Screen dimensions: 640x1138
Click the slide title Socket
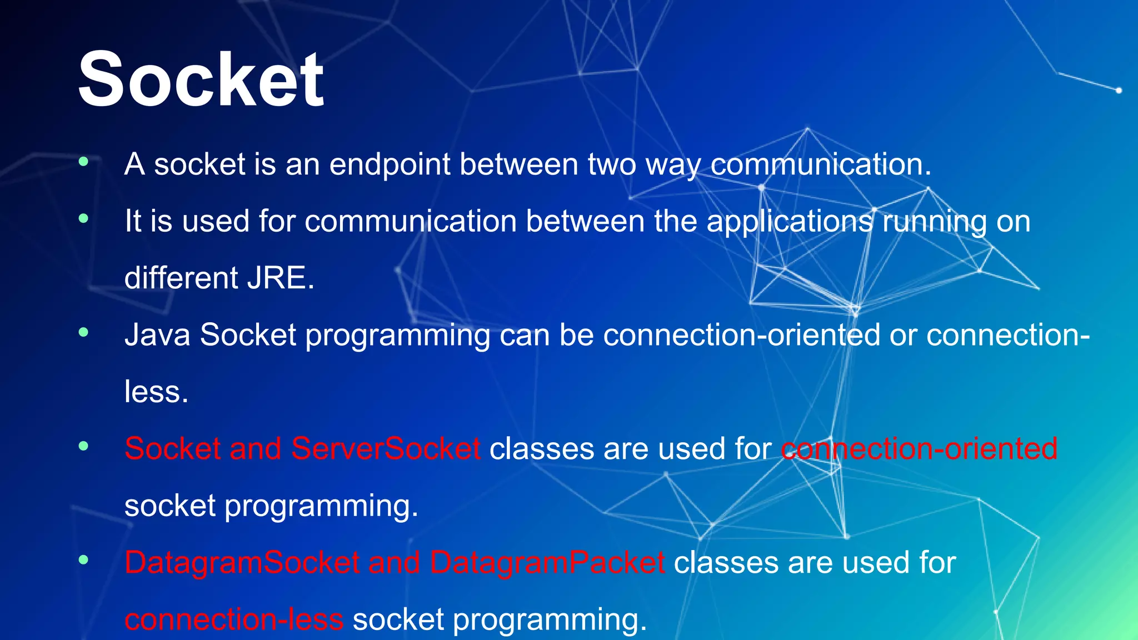pyautogui.click(x=201, y=79)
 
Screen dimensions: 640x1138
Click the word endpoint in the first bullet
pyautogui.click(x=389, y=165)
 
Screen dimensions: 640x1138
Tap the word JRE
pyautogui.click(x=281, y=278)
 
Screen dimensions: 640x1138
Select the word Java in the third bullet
pyautogui.click(x=157, y=336)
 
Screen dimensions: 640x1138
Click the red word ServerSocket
pyautogui.click(x=386, y=449)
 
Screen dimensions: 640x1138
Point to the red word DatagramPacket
pyautogui.click(x=547, y=563)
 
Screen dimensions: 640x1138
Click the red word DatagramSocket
pyautogui.click(x=242, y=563)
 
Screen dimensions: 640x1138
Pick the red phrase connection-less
pyautogui.click(x=234, y=619)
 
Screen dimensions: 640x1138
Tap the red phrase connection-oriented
pyautogui.click(x=919, y=449)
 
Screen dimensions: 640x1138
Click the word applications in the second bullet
pyautogui.click(x=790, y=222)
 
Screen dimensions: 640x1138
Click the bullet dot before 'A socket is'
pyautogui.click(x=83, y=162)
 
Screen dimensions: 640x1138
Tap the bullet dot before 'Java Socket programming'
pyautogui.click(x=83, y=332)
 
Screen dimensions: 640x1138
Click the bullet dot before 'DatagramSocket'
pyautogui.click(x=83, y=559)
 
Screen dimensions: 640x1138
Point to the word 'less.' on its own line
pyautogui.click(x=156, y=392)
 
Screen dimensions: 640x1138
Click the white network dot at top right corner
pyautogui.click(x=1119, y=90)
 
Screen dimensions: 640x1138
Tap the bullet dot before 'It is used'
pyautogui.click(x=83, y=218)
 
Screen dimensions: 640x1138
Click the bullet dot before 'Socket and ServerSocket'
pyautogui.click(x=83, y=446)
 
